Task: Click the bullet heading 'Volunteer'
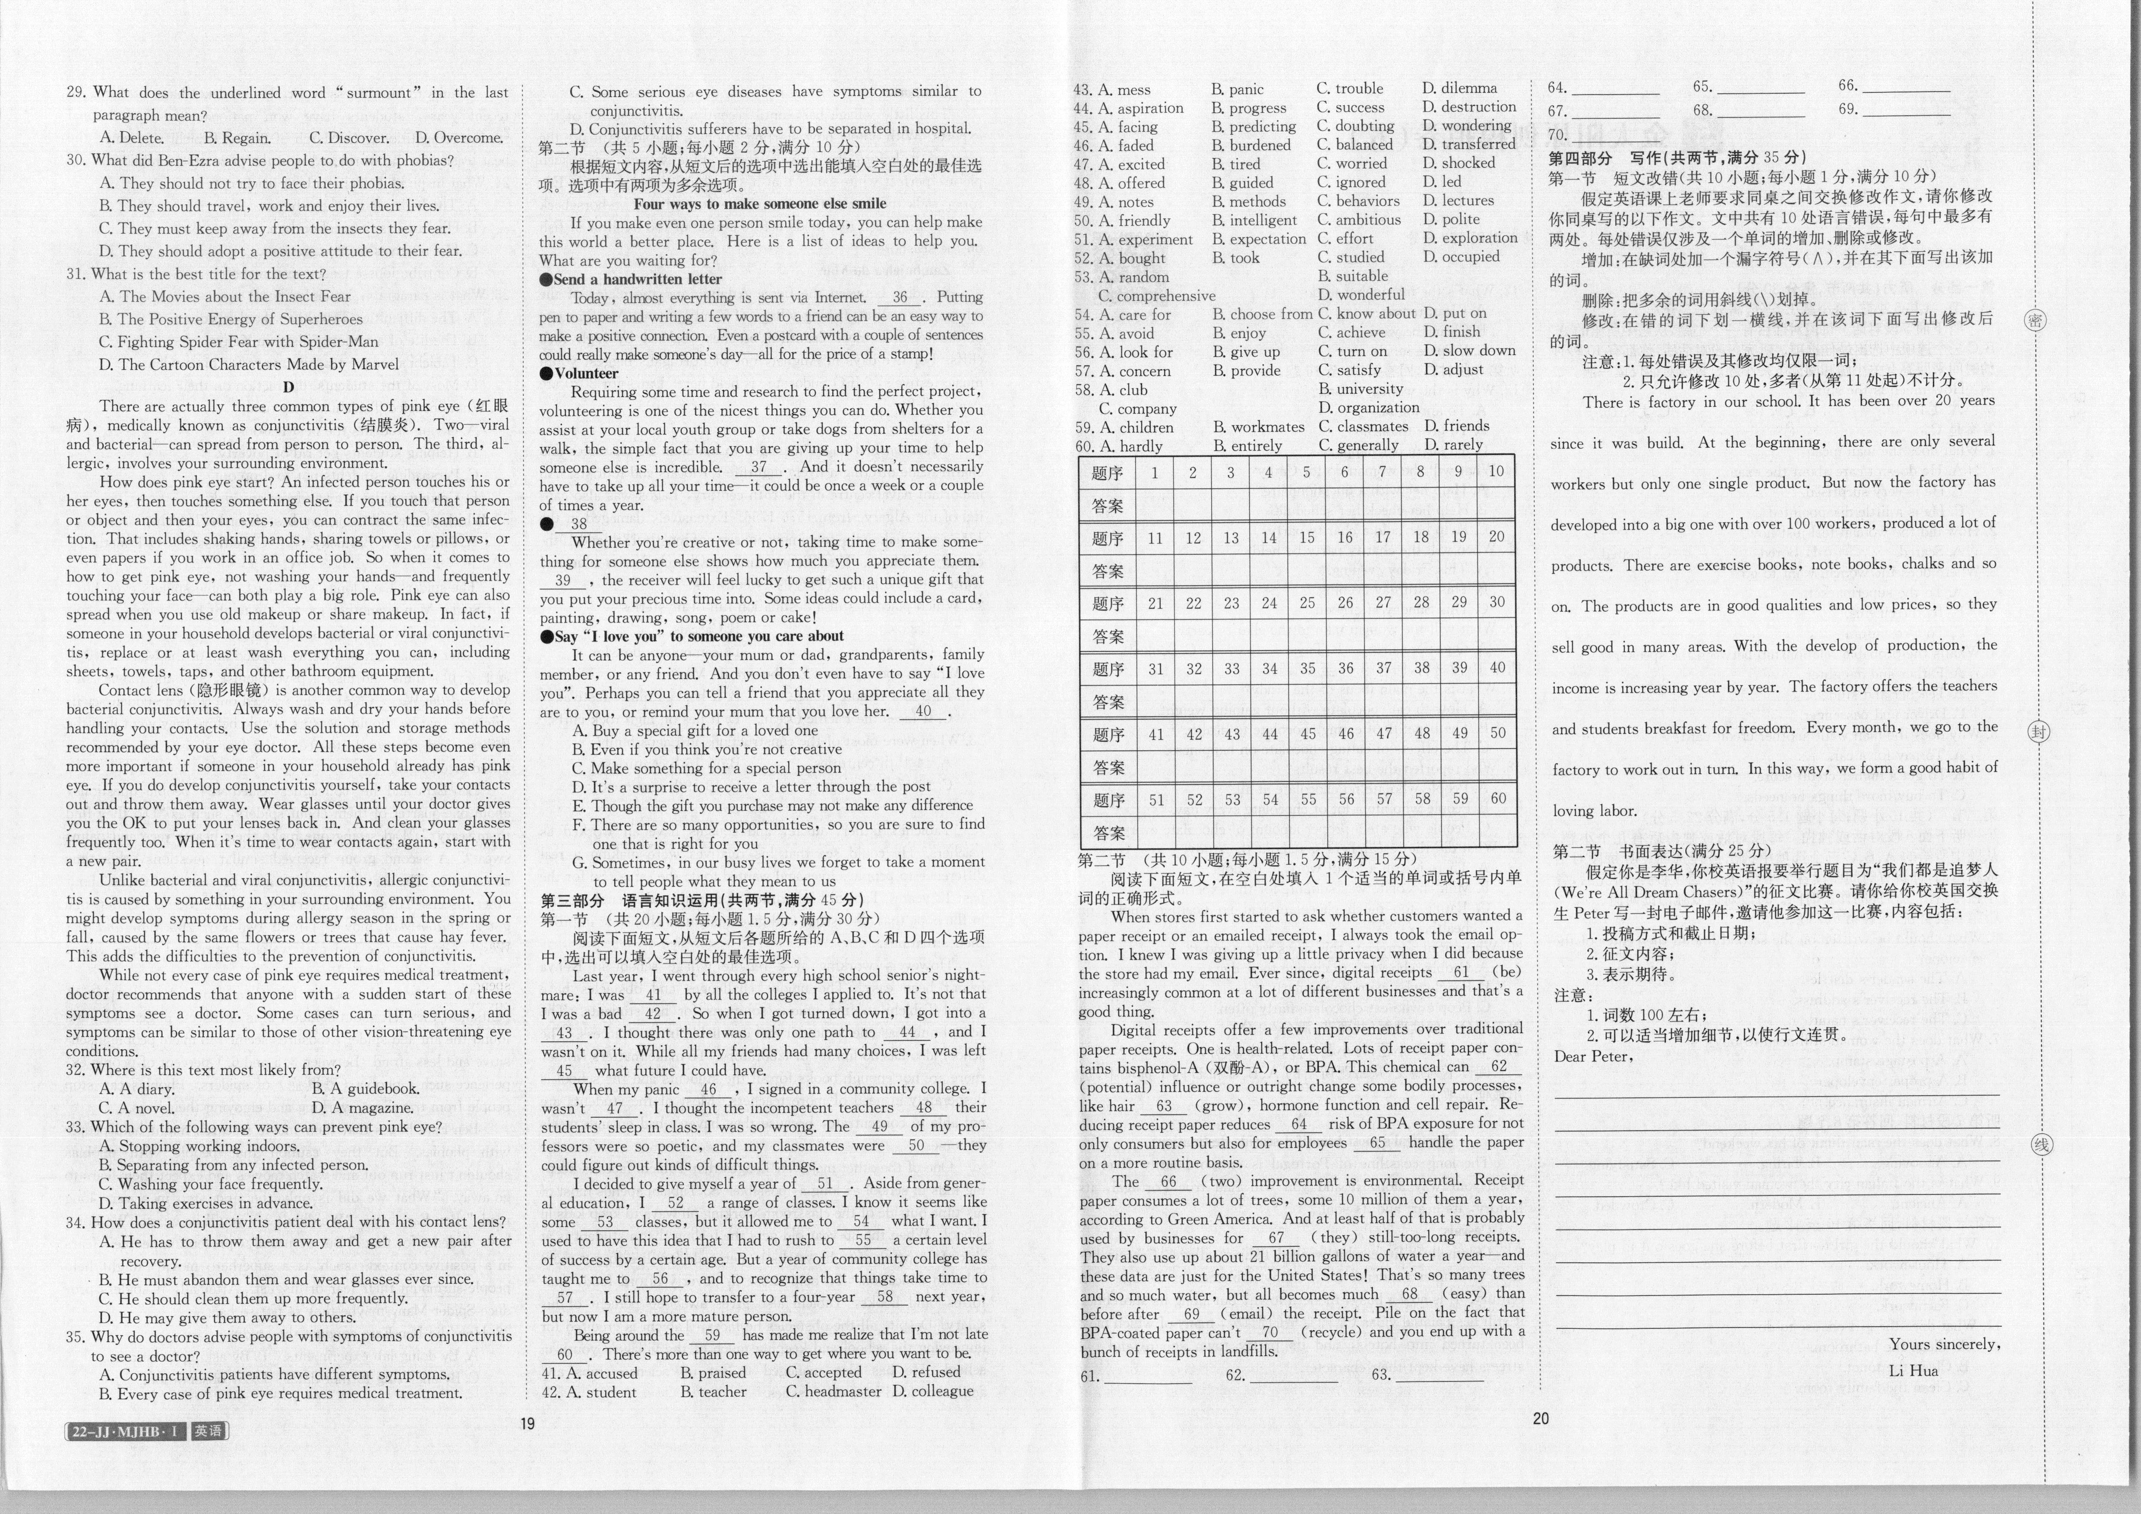[586, 373]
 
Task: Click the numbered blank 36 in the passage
[899, 297]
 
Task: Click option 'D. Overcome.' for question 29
[459, 138]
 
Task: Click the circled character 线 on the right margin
[2041, 1144]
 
